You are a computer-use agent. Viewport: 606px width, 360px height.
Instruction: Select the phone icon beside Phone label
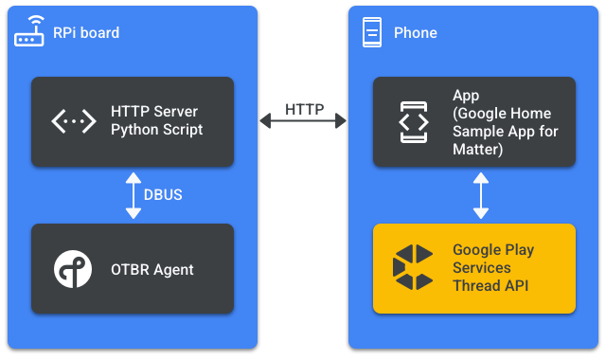click(372, 33)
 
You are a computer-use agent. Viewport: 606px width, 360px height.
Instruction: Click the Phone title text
click(416, 33)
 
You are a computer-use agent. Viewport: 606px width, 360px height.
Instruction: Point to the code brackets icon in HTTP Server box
click(73, 121)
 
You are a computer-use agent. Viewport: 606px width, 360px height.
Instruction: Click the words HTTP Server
click(154, 113)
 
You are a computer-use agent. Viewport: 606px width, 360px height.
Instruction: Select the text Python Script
click(157, 130)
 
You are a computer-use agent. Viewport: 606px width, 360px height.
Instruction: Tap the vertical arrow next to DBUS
click(134, 195)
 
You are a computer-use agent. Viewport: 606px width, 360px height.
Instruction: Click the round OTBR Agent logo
click(73, 269)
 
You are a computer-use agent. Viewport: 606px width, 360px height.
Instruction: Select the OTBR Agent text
click(152, 270)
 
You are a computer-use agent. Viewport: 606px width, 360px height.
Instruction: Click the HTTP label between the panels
click(304, 109)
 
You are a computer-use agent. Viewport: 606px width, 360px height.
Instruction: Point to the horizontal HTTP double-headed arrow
click(304, 121)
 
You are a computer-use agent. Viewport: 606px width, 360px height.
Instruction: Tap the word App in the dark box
click(466, 96)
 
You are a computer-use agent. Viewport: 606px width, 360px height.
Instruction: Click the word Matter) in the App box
click(477, 149)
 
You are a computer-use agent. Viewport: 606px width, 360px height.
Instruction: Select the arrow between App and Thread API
click(481, 195)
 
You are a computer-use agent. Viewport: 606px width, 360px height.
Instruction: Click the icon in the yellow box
click(413, 268)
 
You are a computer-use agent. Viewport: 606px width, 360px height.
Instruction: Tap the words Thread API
click(491, 285)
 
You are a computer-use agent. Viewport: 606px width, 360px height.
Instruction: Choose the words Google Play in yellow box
click(493, 251)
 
